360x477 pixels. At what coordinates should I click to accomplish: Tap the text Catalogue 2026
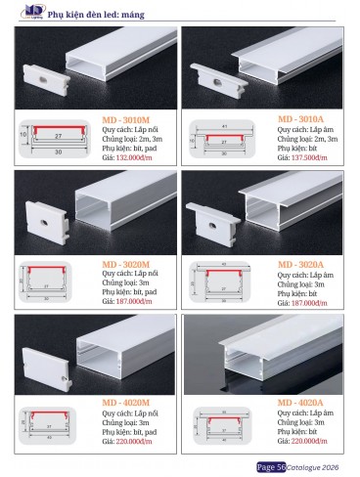coord(314,467)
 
